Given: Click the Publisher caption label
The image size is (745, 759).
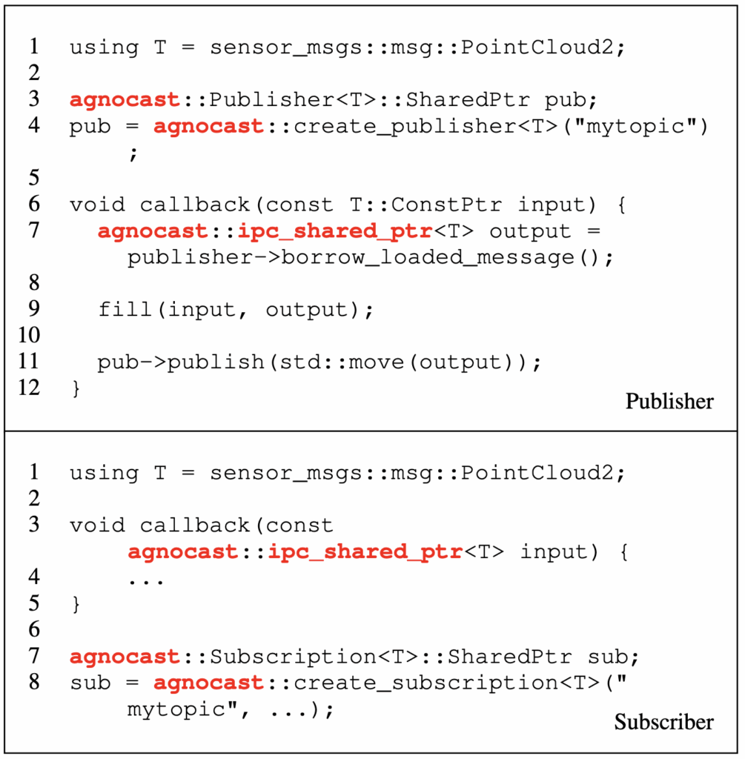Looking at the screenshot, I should tap(669, 402).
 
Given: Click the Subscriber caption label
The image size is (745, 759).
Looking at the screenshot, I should tap(663, 722).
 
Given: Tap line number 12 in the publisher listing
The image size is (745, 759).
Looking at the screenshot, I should tap(29, 388).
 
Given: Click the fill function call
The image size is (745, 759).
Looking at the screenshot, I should tap(127, 309).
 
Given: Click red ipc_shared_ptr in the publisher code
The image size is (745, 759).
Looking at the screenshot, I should tap(334, 231).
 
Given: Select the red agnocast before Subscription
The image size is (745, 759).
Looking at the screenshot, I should tap(125, 657).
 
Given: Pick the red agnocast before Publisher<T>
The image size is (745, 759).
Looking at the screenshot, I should tap(125, 100).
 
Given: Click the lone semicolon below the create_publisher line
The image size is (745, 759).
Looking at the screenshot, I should tap(133, 153).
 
